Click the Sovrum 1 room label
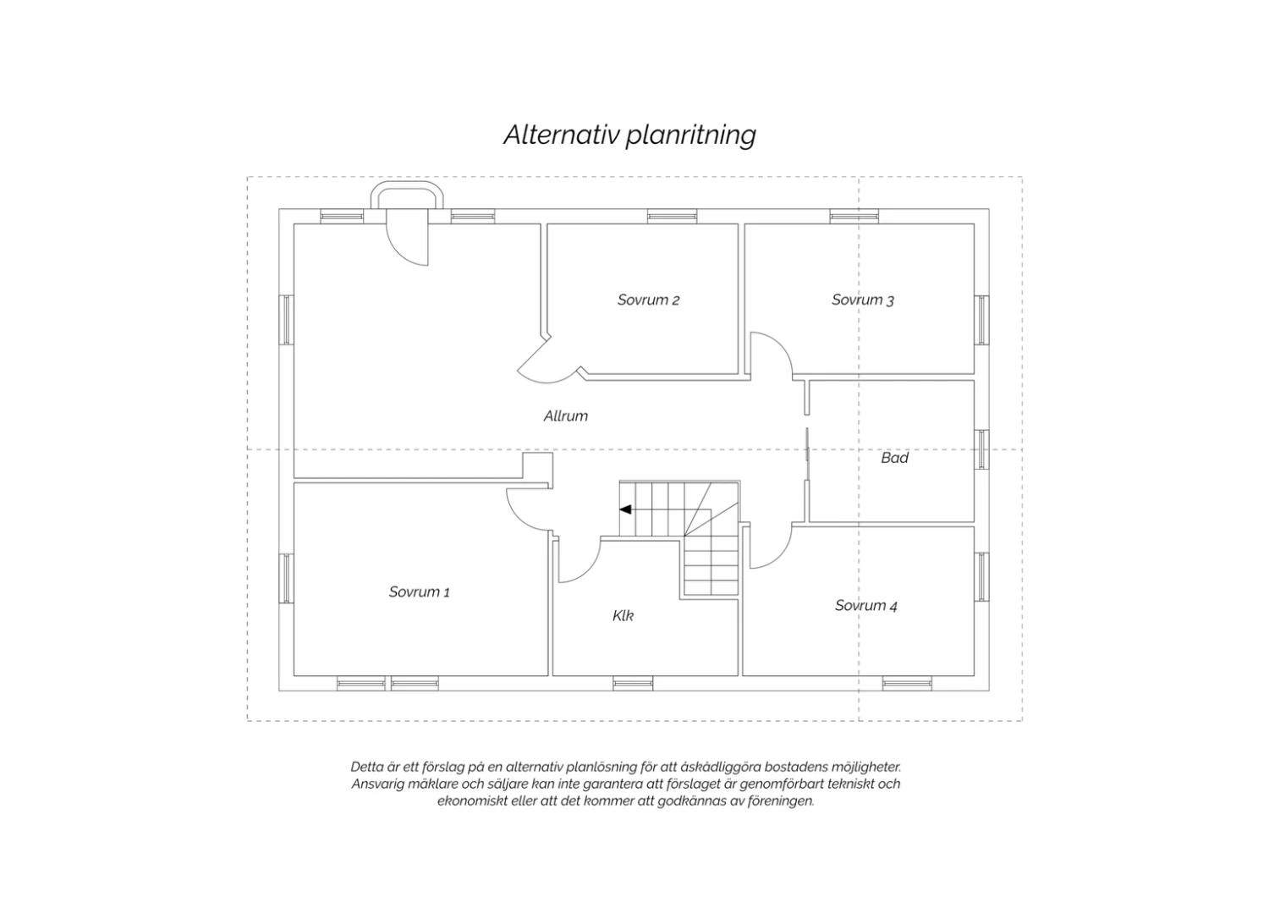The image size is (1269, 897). coord(420,592)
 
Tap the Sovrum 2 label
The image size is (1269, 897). coord(648,300)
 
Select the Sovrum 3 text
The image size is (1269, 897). coord(863,300)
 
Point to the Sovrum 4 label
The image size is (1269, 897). coord(866,606)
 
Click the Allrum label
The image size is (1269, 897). coord(566,416)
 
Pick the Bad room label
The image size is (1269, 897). coord(894,458)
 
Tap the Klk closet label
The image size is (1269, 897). coord(624,616)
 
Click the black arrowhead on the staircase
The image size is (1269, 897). coord(625,510)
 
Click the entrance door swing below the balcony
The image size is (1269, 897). coord(407,244)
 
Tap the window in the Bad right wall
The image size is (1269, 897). coord(981,450)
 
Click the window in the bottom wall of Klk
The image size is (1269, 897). coord(633,684)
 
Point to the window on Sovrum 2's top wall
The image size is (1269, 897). coord(673,216)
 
